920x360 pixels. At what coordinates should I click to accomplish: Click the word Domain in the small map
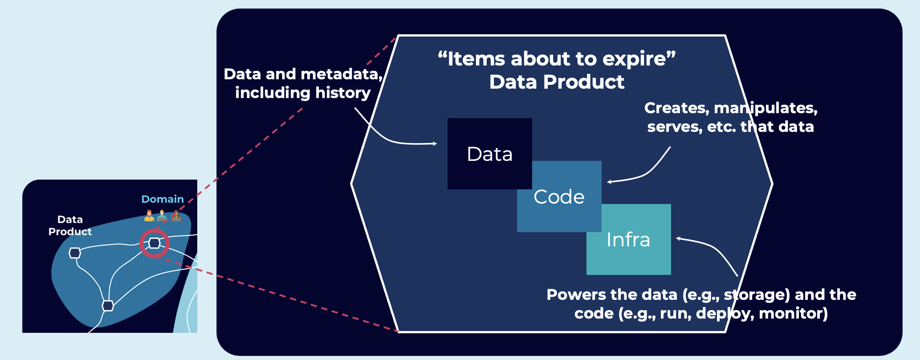coord(163,199)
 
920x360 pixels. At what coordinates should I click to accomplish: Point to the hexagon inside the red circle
coord(155,243)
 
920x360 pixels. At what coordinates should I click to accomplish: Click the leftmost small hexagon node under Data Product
coord(75,253)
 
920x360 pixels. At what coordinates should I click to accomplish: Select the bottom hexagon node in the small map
coord(108,306)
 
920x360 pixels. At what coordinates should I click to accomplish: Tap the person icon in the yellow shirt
coord(149,216)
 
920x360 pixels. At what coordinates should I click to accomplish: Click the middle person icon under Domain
coord(162,216)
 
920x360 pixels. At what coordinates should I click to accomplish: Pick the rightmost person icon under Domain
coord(176,216)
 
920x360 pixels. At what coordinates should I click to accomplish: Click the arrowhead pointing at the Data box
coord(435,143)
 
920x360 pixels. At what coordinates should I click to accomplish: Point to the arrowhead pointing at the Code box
coord(609,182)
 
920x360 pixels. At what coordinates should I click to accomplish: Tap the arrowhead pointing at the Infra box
coord(678,238)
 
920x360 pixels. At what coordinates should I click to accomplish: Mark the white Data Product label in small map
coord(70,225)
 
